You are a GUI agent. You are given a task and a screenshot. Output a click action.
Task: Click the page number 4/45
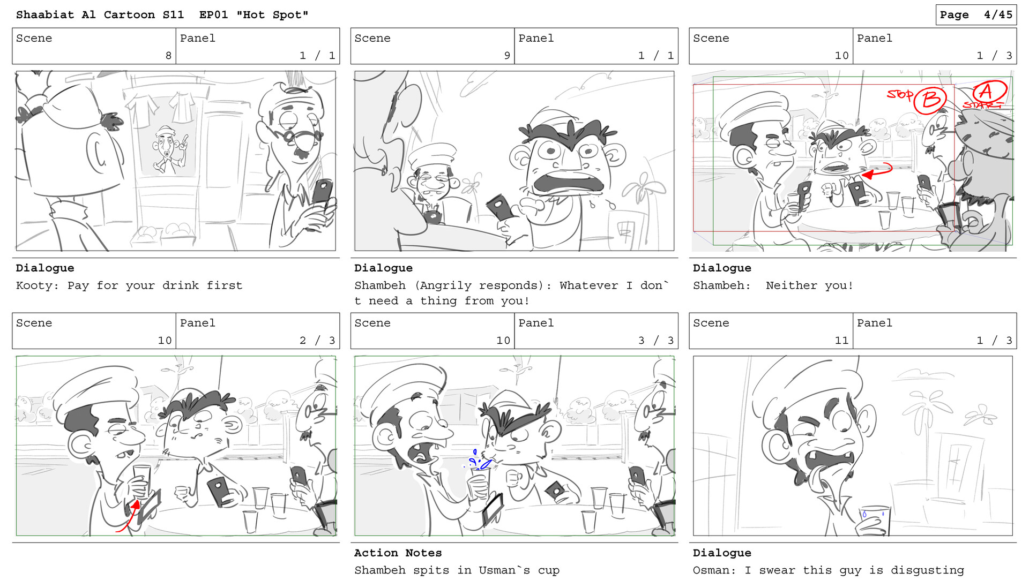997,15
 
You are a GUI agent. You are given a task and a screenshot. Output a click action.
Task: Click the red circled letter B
931,100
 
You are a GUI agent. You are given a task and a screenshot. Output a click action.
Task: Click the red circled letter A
989,92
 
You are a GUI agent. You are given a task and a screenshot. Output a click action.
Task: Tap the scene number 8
168,56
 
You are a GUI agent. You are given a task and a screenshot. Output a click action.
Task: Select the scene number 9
507,56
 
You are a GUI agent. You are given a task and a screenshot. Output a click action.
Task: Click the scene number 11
841,341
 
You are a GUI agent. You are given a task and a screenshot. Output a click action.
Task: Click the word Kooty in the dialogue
35,285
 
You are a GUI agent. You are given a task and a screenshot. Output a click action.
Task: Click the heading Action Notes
398,553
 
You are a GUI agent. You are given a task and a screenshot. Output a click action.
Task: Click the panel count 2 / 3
317,341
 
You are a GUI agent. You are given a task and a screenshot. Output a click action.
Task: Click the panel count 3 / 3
655,341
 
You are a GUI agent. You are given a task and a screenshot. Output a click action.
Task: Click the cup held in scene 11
874,518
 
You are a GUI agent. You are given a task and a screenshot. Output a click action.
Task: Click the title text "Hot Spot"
272,15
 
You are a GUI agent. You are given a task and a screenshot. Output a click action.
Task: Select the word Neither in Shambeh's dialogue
791,285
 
